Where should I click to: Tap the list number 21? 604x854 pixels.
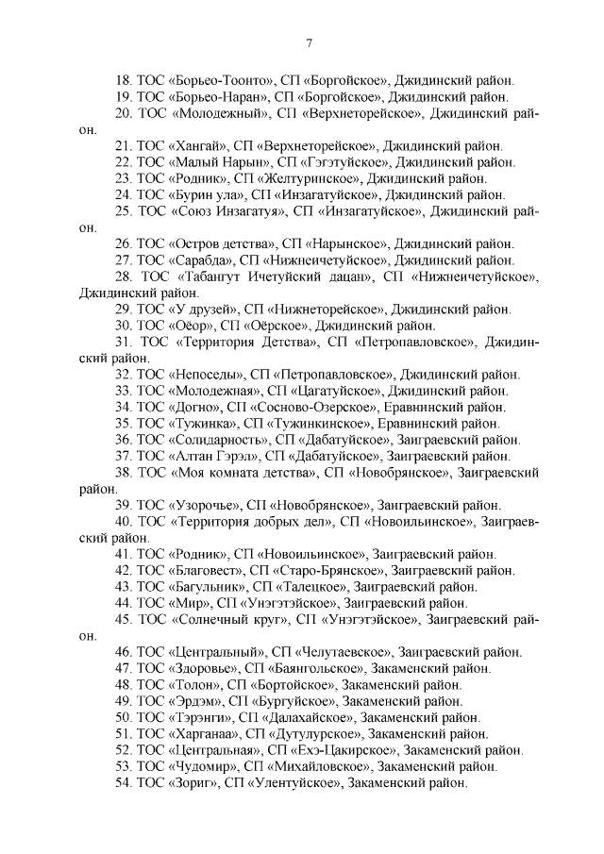pos(121,145)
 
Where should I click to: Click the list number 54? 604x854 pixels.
pos(121,782)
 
